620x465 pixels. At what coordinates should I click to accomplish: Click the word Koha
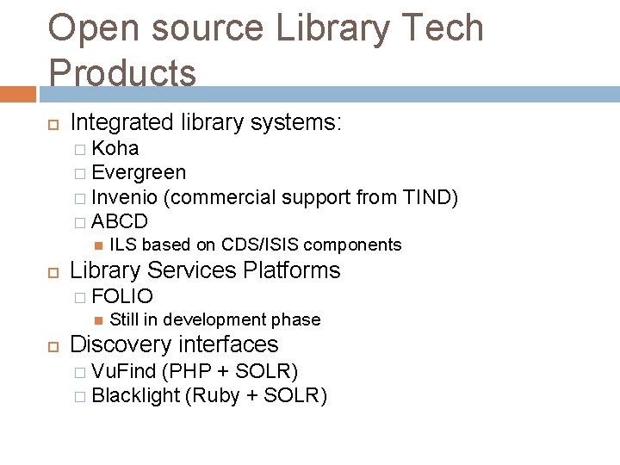(115, 148)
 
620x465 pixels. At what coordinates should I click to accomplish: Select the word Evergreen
(138, 173)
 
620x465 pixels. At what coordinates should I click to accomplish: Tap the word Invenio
(127, 197)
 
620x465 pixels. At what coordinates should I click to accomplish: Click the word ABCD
(120, 221)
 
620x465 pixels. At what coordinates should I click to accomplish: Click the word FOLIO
(122, 297)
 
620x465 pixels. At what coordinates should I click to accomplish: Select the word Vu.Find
(124, 371)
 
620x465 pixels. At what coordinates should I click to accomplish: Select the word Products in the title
(122, 72)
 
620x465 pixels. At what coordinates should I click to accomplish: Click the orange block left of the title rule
(17, 94)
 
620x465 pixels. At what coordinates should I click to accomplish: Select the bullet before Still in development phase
(97, 320)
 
